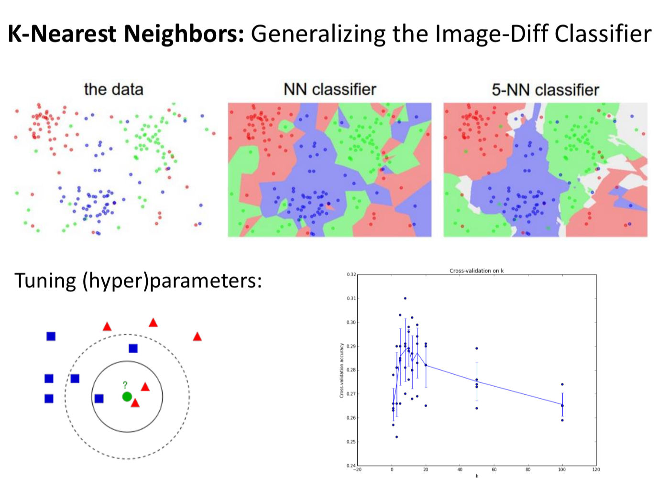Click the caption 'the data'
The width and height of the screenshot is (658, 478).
(113, 89)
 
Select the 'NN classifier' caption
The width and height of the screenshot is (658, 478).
(329, 89)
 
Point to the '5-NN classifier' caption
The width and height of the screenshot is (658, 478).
(545, 90)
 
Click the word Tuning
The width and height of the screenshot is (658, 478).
(45, 281)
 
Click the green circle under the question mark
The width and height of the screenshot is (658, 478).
(127, 397)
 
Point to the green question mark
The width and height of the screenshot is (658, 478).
(125, 385)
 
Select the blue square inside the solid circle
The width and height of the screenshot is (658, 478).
(99, 399)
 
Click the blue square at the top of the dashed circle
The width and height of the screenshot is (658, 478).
(133, 348)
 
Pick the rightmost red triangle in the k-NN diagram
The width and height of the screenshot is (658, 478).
(197, 337)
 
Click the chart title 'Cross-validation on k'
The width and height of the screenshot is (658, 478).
(476, 271)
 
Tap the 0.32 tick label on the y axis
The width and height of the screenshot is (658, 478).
(351, 275)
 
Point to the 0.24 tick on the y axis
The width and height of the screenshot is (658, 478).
(351, 466)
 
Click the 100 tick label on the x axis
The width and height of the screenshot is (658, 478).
(562, 469)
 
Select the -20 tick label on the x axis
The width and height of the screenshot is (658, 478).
(357, 469)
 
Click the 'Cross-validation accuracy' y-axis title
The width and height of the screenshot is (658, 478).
(342, 370)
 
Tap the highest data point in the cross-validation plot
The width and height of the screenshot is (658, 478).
(405, 298)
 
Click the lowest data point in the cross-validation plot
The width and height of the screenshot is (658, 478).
(396, 437)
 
